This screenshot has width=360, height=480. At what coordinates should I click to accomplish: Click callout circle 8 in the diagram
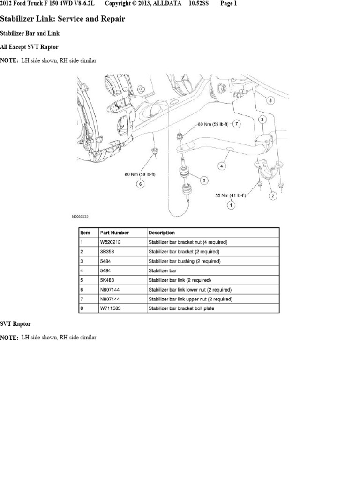[270, 100]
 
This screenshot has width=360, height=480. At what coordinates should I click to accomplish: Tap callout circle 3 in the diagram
[263, 120]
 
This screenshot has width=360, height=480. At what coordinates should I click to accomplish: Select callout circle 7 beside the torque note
[237, 124]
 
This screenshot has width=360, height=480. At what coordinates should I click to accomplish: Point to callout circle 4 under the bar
[222, 165]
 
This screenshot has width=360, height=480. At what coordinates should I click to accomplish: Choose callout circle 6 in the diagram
[140, 184]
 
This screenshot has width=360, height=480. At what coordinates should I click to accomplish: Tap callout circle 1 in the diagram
[231, 204]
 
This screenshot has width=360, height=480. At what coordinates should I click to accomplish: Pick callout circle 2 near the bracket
[271, 196]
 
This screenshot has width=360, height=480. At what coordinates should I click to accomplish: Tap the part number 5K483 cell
[107, 280]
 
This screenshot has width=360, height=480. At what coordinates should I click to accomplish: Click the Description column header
[162, 232]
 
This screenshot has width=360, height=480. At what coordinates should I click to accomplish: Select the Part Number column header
[114, 232]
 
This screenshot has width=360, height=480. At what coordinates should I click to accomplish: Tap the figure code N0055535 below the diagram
[81, 217]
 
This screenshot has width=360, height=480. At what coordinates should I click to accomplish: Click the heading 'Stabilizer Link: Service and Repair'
[62, 19]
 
